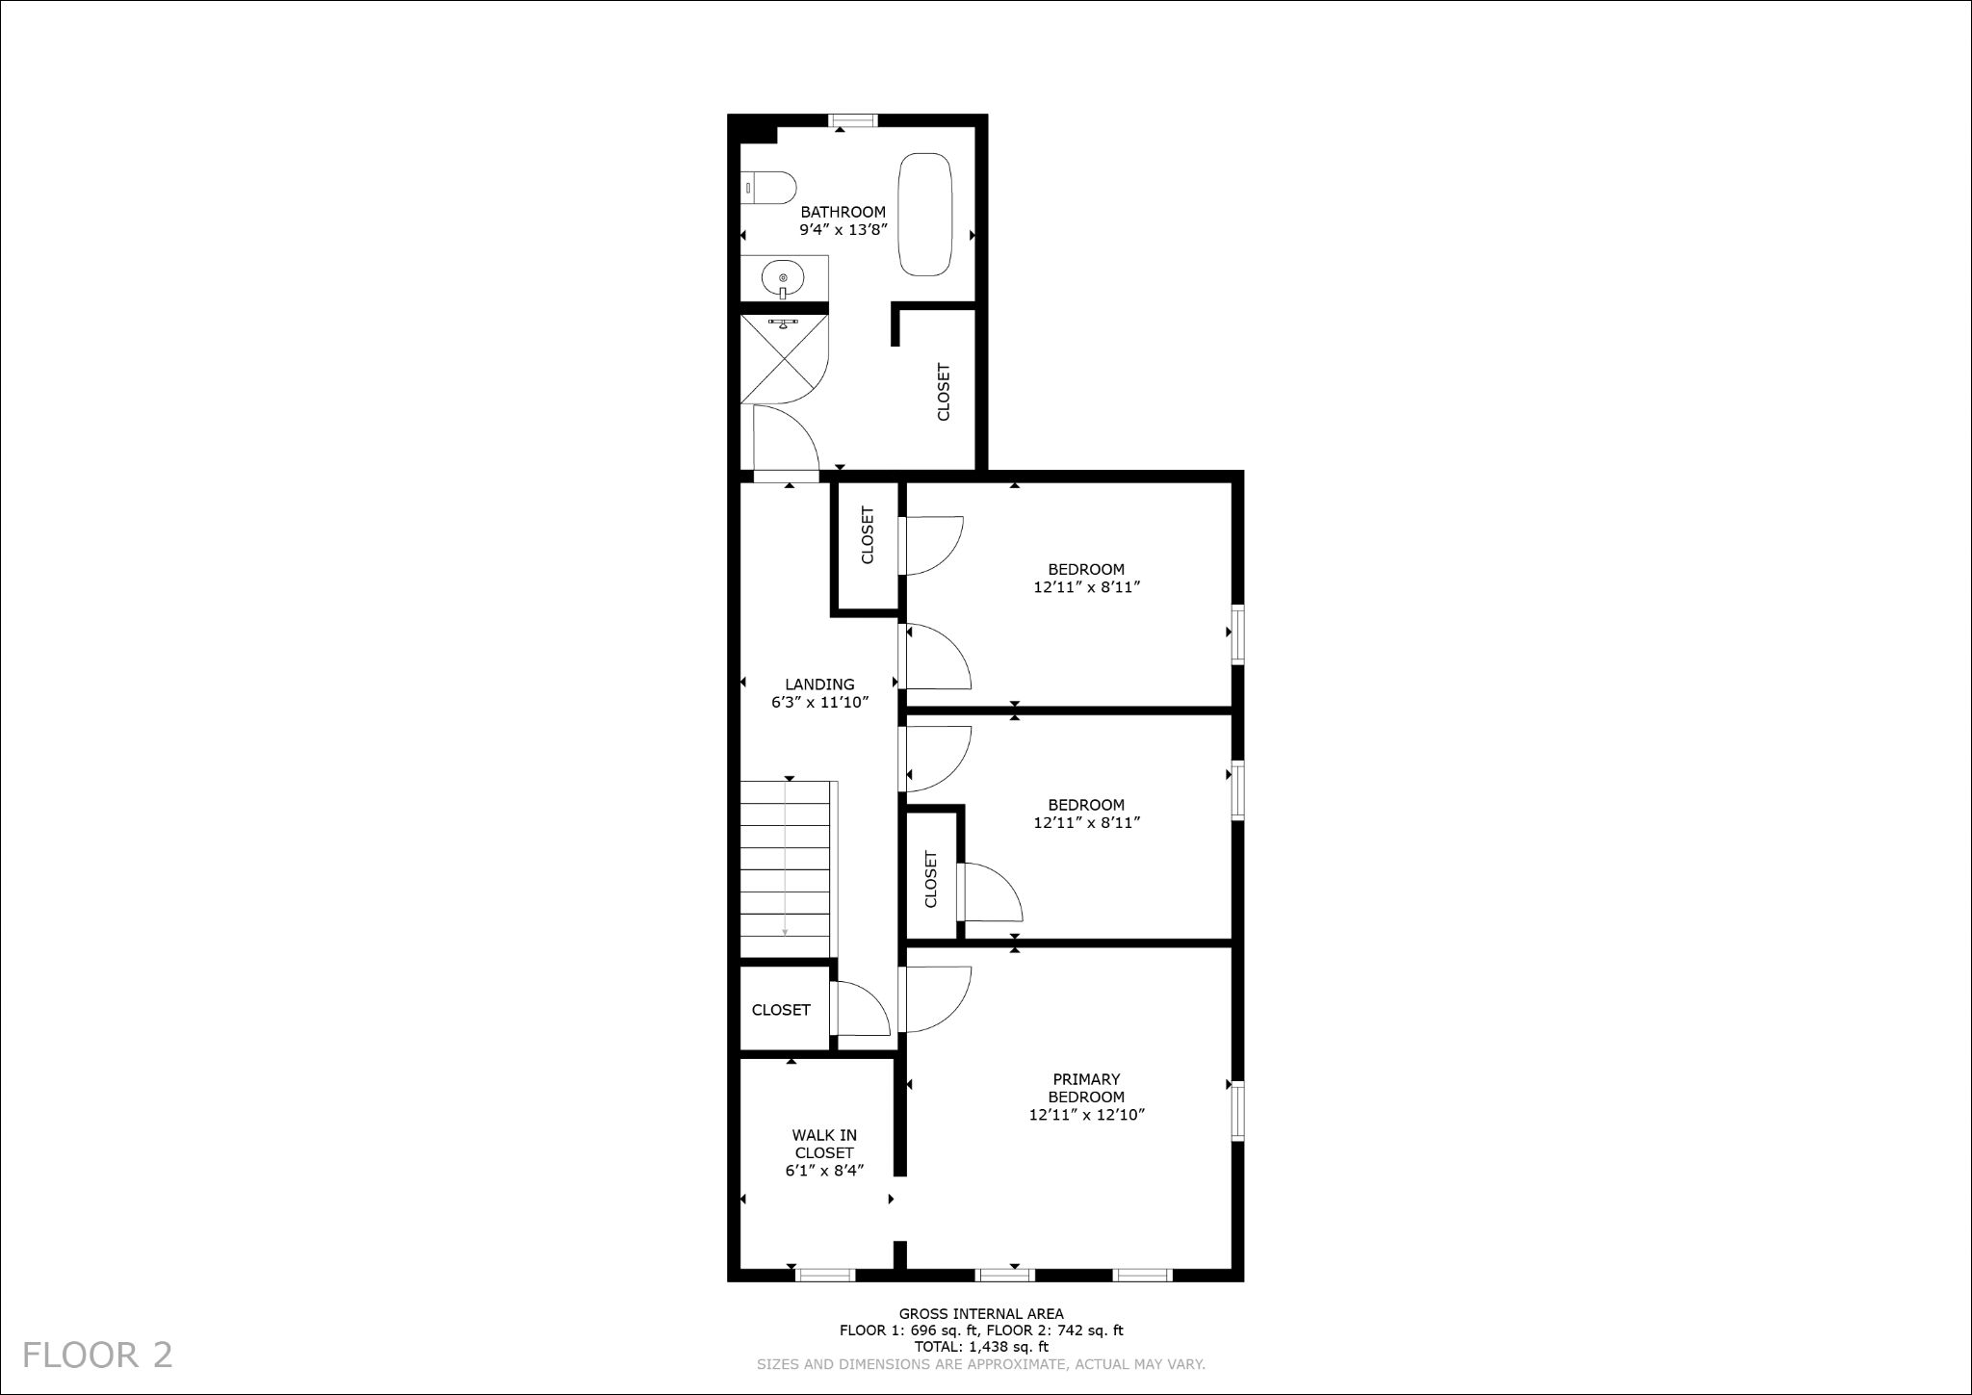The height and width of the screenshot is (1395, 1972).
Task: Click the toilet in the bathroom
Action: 770,188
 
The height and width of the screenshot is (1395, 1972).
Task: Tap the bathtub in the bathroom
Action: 925,215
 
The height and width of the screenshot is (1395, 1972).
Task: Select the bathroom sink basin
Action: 783,279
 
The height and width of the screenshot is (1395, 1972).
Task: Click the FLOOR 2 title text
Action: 97,1355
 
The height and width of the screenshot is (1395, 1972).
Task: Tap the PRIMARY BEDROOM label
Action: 1086,1088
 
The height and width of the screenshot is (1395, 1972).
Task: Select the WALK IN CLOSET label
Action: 824,1144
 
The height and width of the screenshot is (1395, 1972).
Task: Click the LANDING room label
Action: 819,685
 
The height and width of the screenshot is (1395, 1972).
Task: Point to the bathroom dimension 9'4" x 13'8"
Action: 843,230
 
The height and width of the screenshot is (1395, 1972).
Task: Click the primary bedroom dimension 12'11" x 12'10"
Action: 1086,1115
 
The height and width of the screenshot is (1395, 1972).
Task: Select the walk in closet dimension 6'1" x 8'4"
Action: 824,1171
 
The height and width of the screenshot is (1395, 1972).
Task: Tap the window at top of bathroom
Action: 853,120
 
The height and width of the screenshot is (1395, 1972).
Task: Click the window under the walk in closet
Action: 826,1275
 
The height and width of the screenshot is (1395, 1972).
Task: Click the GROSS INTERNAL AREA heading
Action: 981,1313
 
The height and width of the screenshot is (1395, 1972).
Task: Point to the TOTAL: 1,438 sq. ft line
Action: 981,1347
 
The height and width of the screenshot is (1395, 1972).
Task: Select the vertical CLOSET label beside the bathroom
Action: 944,392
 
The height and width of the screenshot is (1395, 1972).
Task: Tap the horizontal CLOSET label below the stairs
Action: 781,1010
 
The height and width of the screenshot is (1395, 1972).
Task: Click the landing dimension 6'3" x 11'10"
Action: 819,703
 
